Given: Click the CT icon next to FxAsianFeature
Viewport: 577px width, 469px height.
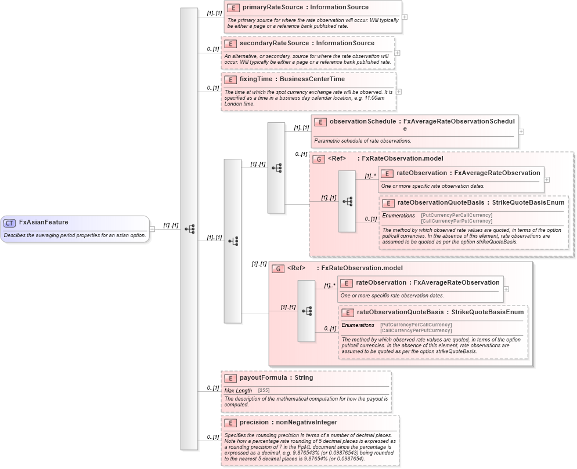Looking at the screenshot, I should [9, 223].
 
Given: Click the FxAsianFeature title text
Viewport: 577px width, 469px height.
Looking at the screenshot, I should [44, 222].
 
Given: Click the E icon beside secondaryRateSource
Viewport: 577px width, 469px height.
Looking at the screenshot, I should [230, 43].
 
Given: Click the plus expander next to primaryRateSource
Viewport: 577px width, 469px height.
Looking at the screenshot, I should [405, 16].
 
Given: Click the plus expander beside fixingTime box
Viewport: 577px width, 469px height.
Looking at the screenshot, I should [399, 91].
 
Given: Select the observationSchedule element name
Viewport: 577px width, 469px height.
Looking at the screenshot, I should [362, 122].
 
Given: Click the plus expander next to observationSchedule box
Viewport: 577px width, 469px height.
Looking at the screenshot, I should [521, 131].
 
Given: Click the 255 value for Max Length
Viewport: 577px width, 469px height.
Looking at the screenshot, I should [264, 391].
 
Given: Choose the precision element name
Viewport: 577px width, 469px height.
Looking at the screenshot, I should [254, 422].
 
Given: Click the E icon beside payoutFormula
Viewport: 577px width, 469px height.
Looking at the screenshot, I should [230, 378].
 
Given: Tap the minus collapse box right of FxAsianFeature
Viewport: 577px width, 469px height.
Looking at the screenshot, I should [152, 228].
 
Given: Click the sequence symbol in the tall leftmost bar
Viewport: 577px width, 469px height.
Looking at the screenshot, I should [189, 229].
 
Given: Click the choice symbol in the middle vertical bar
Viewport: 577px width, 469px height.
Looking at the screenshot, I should [233, 241].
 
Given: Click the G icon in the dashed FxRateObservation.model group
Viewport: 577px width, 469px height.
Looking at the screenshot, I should [319, 159].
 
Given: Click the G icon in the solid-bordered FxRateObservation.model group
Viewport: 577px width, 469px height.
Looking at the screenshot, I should [278, 268].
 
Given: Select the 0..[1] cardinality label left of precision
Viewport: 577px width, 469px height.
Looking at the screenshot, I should [212, 437].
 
